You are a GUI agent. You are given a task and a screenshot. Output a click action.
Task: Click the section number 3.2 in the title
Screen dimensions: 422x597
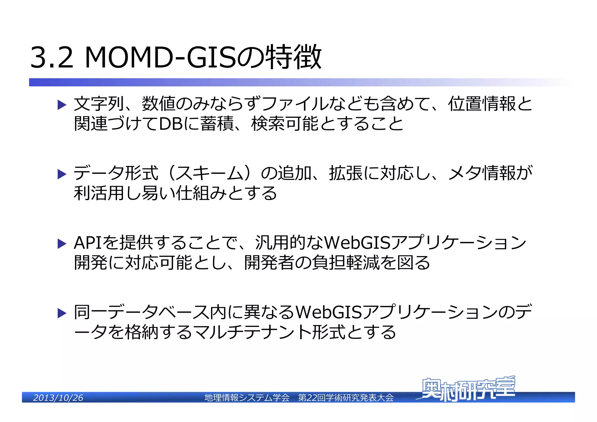click(52, 57)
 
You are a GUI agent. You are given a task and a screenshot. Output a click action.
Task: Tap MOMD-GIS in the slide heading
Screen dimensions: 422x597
click(160, 57)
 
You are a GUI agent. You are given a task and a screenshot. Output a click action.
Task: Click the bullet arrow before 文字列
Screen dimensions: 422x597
click(62, 105)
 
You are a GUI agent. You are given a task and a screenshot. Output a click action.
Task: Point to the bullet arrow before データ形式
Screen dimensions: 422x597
click(62, 174)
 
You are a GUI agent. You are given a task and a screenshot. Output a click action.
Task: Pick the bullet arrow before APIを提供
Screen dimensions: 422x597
click(62, 244)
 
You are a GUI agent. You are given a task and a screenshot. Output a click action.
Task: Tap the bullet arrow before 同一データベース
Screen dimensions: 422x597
click(62, 313)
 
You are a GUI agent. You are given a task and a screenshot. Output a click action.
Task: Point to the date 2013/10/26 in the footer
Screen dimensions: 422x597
click(58, 398)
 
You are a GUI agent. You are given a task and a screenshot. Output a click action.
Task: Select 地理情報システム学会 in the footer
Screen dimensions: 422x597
click(247, 398)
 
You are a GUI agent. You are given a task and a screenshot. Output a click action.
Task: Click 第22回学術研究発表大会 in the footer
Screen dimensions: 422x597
click(346, 398)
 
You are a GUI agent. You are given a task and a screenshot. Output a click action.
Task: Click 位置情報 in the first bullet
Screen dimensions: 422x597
click(482, 104)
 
